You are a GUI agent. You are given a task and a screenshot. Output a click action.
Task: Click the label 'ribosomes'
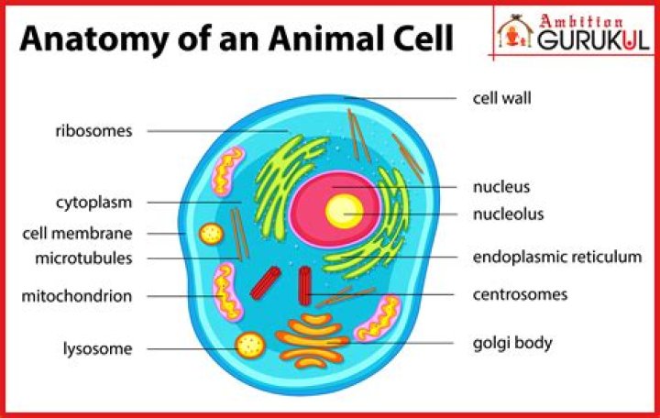pos(93,131)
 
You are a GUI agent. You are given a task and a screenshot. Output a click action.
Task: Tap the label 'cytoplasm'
pos(93,202)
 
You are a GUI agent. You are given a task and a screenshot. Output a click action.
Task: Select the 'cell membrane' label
pos(78,234)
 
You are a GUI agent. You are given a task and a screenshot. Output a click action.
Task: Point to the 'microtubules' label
pos(83,258)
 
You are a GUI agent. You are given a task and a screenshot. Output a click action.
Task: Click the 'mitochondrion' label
pos(77,296)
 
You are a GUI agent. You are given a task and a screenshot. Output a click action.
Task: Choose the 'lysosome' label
pos(97,348)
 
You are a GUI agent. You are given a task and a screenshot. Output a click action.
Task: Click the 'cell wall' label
pos(502,96)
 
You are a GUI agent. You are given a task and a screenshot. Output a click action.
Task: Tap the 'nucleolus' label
pos(509,214)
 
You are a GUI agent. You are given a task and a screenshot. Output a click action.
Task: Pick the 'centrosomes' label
pos(520,295)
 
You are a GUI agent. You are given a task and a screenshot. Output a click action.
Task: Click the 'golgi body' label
pos(512,344)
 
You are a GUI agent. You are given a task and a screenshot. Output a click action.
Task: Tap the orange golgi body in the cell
pos(314,342)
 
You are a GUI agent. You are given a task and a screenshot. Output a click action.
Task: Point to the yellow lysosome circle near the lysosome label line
pos(249,346)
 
